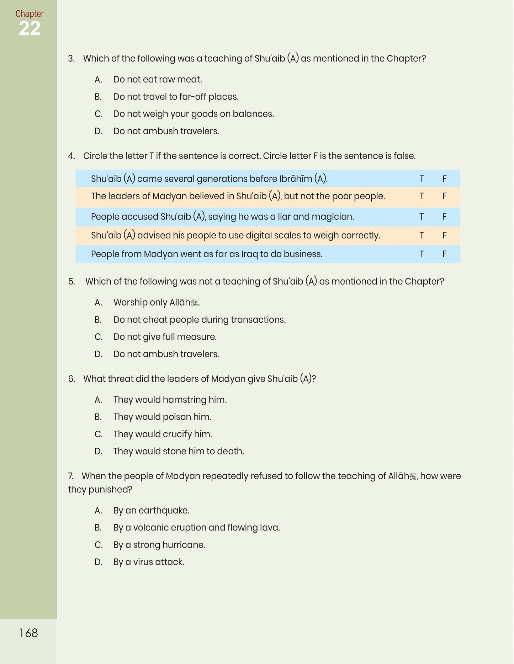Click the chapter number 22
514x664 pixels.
pos(30,29)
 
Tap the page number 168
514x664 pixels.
pos(28,633)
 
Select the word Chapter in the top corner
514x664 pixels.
pos(30,14)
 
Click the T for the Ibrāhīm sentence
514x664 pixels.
pos(422,179)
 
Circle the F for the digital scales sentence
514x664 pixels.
pos(444,235)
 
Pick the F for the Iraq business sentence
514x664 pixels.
pos(444,254)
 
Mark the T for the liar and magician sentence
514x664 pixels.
pos(422,217)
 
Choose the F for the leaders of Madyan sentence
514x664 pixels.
pos(444,196)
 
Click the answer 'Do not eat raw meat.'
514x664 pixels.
pos(158,80)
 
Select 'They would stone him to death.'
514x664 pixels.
pos(179,451)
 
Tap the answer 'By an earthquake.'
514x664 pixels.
pos(151,511)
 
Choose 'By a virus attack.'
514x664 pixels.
pos(149,562)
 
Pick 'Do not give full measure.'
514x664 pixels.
pos(165,337)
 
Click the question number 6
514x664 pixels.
pos(71,379)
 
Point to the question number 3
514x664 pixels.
pos(71,59)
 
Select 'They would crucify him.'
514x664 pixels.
pos(163,434)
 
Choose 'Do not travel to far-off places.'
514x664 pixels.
pos(176,97)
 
